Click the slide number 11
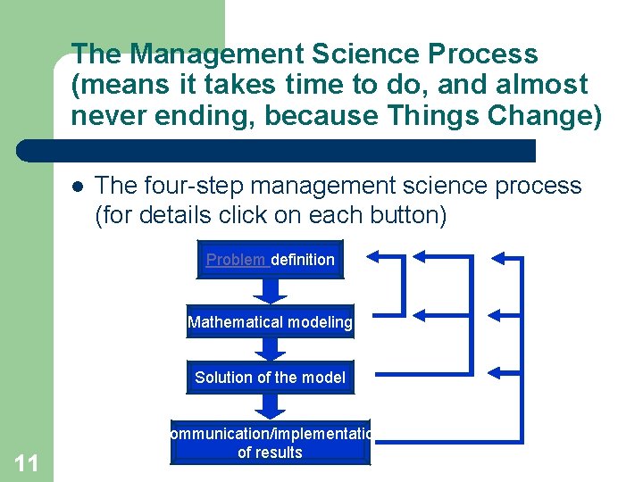point(26,462)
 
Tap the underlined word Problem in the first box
point(237,260)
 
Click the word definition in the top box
point(303,260)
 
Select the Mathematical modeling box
point(270,322)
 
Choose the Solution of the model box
point(270,378)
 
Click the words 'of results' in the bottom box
point(270,453)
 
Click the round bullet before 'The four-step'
point(78,187)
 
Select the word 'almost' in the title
point(539,85)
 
